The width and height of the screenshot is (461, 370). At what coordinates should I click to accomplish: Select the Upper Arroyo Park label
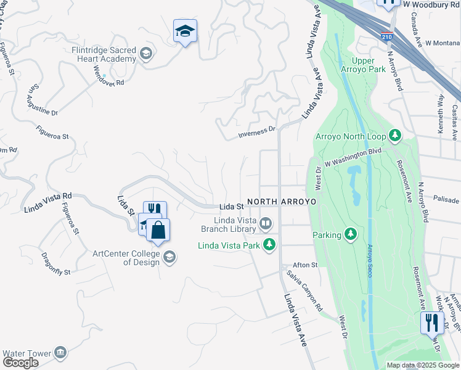369,65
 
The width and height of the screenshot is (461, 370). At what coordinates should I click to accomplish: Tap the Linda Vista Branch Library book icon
266,222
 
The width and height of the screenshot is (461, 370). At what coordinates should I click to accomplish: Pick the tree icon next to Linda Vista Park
269,245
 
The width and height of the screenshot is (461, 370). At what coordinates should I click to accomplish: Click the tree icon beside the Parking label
351,234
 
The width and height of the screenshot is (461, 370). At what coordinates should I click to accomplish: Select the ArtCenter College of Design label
128,257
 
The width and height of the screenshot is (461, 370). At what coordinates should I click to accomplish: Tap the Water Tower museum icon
60,353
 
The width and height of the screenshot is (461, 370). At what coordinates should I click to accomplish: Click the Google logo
20,363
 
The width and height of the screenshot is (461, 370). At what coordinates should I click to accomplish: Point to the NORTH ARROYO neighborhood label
282,202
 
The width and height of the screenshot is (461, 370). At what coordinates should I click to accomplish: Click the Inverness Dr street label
257,133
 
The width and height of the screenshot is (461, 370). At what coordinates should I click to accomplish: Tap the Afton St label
305,265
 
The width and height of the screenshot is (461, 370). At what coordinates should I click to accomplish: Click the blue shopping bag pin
158,231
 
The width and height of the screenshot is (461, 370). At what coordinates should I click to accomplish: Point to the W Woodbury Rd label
431,4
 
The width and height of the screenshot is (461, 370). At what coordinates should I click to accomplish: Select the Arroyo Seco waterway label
370,260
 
